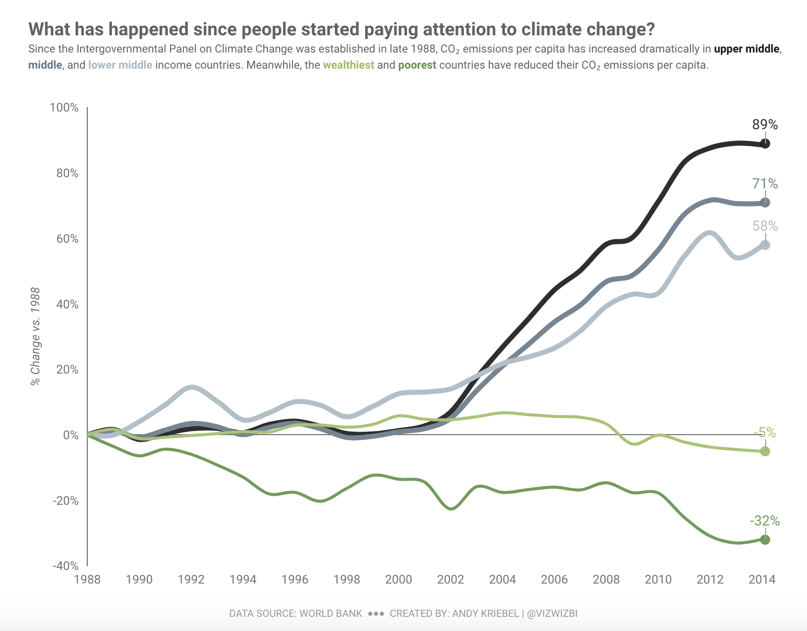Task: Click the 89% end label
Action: tap(765, 124)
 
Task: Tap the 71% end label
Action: tap(765, 183)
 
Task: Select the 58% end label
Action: tap(765, 226)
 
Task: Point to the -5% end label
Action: tap(765, 433)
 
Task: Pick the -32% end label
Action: tap(765, 520)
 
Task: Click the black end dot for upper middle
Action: tap(765, 144)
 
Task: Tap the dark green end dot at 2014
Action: tap(765, 540)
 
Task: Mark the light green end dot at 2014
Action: tap(765, 451)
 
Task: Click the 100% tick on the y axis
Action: tap(64, 108)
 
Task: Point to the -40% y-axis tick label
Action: tap(65, 566)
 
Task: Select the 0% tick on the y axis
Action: tap(70, 435)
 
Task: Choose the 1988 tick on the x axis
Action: tap(87, 579)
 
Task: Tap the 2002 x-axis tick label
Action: tap(450, 579)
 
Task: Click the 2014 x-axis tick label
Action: tap(762, 579)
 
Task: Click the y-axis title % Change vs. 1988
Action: tap(35, 336)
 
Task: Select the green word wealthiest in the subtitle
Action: tap(349, 65)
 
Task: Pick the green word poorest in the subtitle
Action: tap(417, 65)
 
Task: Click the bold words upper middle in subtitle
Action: tap(746, 49)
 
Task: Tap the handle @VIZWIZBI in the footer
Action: tap(552, 613)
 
